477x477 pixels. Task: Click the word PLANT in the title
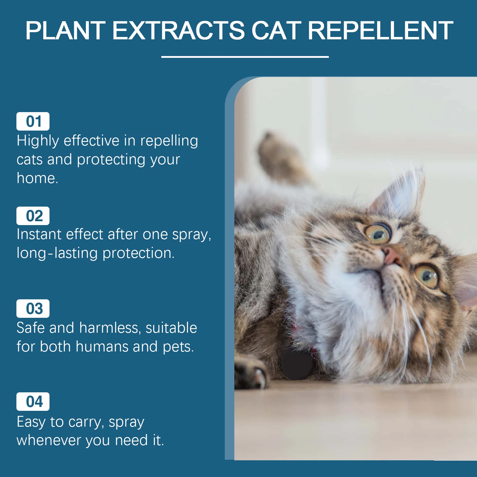(65, 30)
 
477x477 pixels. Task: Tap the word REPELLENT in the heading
(380, 30)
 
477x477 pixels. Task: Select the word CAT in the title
(276, 30)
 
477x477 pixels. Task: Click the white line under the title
(245, 57)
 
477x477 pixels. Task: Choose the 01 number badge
(33, 121)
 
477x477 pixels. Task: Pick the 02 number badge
(33, 216)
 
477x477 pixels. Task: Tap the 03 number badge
(33, 309)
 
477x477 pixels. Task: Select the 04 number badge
(33, 402)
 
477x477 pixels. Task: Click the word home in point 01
(37, 178)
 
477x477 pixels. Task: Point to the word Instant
(39, 234)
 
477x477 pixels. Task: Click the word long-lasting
(57, 253)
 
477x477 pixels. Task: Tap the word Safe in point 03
(30, 328)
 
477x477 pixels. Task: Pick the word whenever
(49, 440)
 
